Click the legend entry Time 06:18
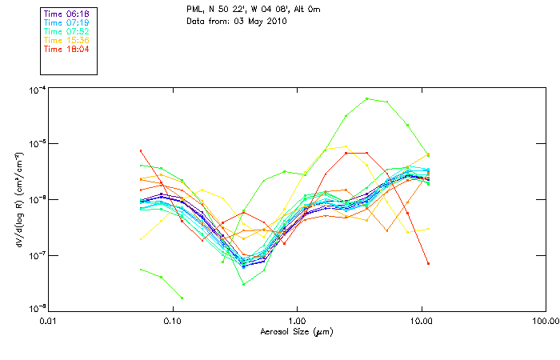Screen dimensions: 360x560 click(x=66, y=14)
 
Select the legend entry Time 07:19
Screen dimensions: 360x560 click(x=66, y=23)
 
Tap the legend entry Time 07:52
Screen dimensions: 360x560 click(x=66, y=32)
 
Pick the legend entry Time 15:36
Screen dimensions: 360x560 click(x=66, y=41)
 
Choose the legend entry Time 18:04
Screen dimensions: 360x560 click(x=66, y=50)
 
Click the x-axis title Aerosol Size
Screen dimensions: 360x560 click(x=297, y=331)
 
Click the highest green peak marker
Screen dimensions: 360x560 click(x=367, y=98)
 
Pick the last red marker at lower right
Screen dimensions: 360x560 click(x=428, y=263)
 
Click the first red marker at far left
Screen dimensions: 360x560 click(x=141, y=150)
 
